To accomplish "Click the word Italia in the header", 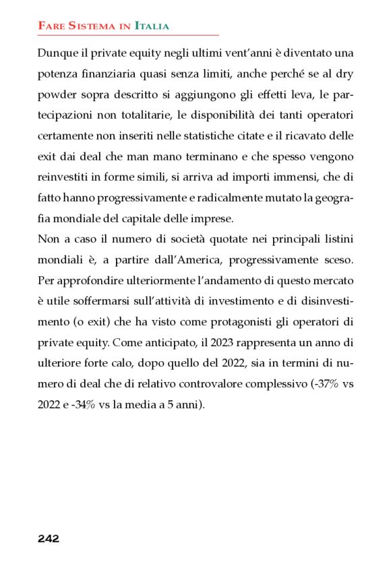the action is tap(152, 26).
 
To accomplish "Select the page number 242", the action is tap(49, 539).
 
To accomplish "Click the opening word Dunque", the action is tap(57, 53).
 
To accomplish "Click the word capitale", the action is tap(164, 220).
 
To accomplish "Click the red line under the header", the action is tap(128, 34).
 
